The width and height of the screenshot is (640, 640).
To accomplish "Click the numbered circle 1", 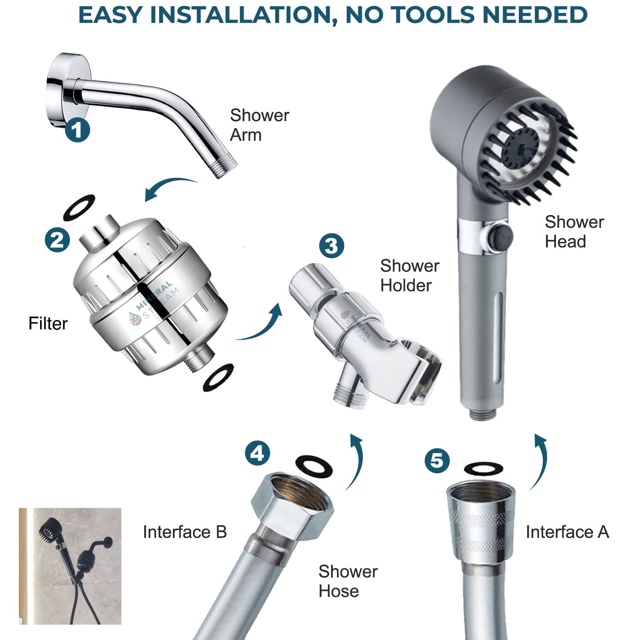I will coord(77,130).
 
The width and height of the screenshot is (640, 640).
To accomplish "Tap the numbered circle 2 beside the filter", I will coord(58,239).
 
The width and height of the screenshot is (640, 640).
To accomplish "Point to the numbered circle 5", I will coord(437,460).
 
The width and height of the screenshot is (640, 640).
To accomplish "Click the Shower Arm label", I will coord(259,125).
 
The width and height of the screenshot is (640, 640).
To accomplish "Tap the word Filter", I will coord(48,323).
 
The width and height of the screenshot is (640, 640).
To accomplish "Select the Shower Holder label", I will coord(409,276).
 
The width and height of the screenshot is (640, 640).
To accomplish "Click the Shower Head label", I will coord(574,232).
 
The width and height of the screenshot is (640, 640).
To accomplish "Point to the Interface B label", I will coord(184,532).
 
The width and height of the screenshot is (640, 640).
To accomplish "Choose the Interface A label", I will coord(567,532).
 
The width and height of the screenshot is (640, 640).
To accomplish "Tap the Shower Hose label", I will coord(348,581).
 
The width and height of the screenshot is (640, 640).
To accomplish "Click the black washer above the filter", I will coord(79,207).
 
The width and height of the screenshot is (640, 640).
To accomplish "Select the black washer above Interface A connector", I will coord(483,468).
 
